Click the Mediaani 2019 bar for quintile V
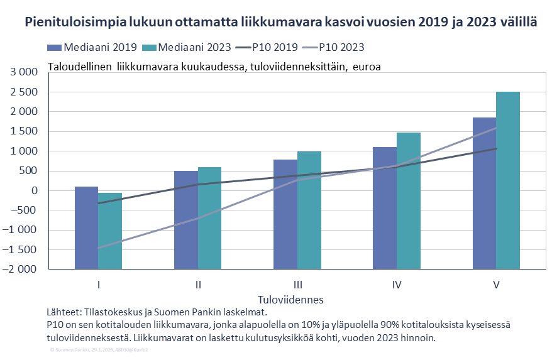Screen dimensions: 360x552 484,194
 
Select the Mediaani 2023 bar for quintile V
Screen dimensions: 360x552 508,180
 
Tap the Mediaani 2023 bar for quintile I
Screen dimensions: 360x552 110,231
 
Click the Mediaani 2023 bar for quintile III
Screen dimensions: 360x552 309,210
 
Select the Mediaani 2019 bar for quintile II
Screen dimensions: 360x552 185,220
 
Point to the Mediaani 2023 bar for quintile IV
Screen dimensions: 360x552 409,200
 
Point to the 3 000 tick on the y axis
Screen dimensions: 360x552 25,72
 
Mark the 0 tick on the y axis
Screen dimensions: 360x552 35,191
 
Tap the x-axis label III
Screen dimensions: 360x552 297,285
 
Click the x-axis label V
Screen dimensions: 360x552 496,285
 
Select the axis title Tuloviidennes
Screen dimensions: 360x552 290,300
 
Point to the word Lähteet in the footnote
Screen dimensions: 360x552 63,312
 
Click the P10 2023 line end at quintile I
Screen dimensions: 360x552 99,248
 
